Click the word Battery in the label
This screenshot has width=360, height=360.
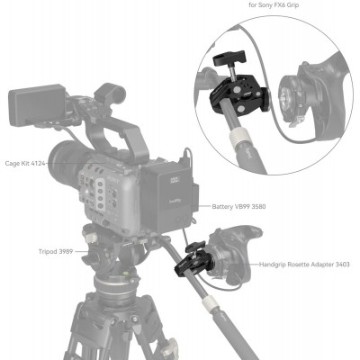point(225,206)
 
